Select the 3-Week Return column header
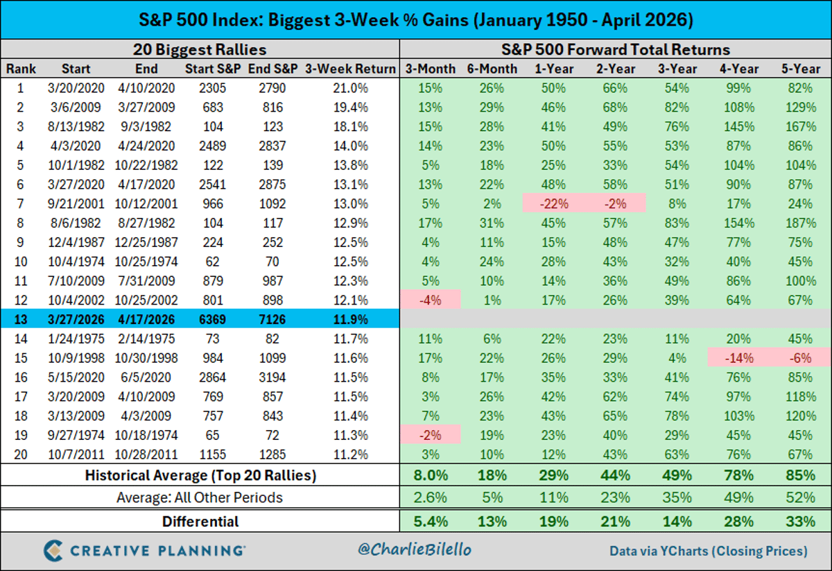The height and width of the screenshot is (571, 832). pos(349,69)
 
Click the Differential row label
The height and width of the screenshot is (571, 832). pos(200,521)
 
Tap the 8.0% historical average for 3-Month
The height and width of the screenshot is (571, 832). pos(430,475)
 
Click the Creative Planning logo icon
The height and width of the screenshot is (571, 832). pos(56,550)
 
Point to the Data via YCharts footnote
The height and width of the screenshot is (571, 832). pos(708,551)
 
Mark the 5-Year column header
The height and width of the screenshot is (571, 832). pos(802,69)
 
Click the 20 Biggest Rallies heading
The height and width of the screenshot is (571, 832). pos(200,50)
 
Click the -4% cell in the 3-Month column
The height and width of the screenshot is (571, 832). pos(430,300)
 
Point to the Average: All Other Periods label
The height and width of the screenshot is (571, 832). pos(200,497)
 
